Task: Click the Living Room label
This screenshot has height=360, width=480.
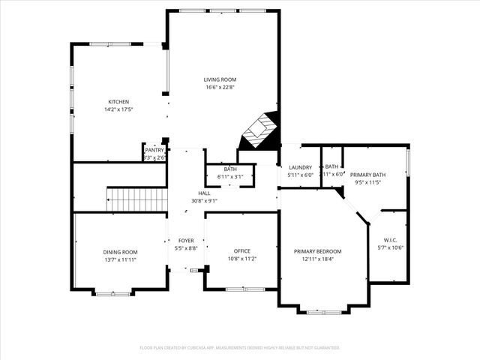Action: pyautogui.click(x=220, y=79)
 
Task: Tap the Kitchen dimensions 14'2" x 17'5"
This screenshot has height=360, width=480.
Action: pyautogui.click(x=118, y=110)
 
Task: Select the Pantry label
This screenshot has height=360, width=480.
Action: pyautogui.click(x=154, y=150)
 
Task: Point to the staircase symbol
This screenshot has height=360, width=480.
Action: pyautogui.click(x=136, y=199)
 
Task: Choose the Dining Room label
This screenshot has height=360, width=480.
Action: pyautogui.click(x=120, y=251)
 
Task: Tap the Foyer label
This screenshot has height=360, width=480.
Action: pyautogui.click(x=186, y=240)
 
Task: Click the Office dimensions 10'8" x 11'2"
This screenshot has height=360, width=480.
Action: pyautogui.click(x=241, y=259)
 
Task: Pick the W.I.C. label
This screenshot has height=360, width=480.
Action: pyautogui.click(x=390, y=239)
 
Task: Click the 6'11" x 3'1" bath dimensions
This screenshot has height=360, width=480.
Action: pyautogui.click(x=230, y=176)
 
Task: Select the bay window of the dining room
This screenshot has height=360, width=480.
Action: pyautogui.click(x=112, y=292)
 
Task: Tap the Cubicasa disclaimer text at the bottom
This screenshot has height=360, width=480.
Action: pyautogui.click(x=240, y=347)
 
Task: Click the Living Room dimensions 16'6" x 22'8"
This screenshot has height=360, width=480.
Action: pyautogui.click(x=220, y=87)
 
